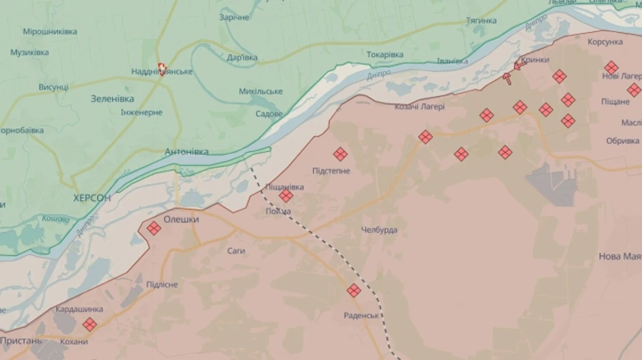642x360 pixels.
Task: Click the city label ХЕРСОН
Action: tap(92, 197)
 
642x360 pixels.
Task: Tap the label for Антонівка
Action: tap(186, 152)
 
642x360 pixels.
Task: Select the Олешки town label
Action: tap(181, 220)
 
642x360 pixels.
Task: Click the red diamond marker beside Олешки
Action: tap(153, 228)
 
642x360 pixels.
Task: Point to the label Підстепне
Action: tap(331, 171)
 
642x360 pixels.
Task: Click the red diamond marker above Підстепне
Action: tap(340, 153)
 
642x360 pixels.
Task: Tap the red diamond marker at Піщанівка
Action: tap(286, 195)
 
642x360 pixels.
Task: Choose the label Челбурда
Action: tap(379, 230)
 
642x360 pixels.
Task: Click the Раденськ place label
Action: tap(361, 315)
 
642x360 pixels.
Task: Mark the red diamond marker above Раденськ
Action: tap(354, 290)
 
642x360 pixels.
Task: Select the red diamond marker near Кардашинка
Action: tap(89, 324)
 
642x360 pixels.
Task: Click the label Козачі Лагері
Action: tap(419, 107)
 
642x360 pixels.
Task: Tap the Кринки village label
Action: tap(535, 60)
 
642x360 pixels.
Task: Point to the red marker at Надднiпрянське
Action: tap(163, 68)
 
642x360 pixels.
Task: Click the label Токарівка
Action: tap(384, 55)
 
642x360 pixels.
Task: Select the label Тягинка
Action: tap(481, 21)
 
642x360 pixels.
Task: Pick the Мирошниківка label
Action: tap(50, 32)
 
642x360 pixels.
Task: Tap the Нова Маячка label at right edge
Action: tap(619, 256)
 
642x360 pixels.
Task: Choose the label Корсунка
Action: tap(605, 42)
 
